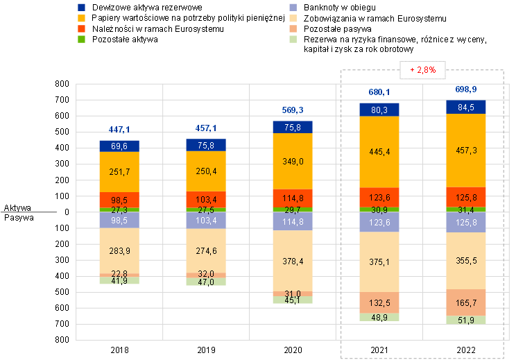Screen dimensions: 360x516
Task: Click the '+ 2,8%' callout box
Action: point(422,69)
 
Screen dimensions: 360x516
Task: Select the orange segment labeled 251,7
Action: point(119,171)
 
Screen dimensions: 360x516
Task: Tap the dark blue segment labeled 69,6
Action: point(119,146)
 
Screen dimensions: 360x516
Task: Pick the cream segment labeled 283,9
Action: point(119,250)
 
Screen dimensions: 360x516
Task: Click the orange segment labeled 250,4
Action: point(206,171)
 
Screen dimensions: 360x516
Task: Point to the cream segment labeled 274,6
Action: point(206,250)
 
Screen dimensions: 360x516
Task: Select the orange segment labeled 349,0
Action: point(293,161)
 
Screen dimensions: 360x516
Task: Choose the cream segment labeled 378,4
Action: point(293,261)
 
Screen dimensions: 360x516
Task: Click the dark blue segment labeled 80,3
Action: point(379,109)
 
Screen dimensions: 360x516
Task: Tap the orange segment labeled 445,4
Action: point(379,151)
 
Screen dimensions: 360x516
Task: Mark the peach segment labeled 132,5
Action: point(379,302)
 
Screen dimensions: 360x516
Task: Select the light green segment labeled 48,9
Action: point(379,317)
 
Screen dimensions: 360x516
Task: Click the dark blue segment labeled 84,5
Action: point(466,107)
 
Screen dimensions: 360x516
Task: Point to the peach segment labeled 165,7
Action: point(466,302)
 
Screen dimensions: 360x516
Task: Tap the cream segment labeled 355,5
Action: point(466,260)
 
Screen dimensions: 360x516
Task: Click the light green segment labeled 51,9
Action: point(466,320)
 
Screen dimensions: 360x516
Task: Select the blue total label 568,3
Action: point(293,110)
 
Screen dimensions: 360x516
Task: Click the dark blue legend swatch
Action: point(82,7)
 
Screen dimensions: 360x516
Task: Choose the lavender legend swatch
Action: point(293,7)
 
